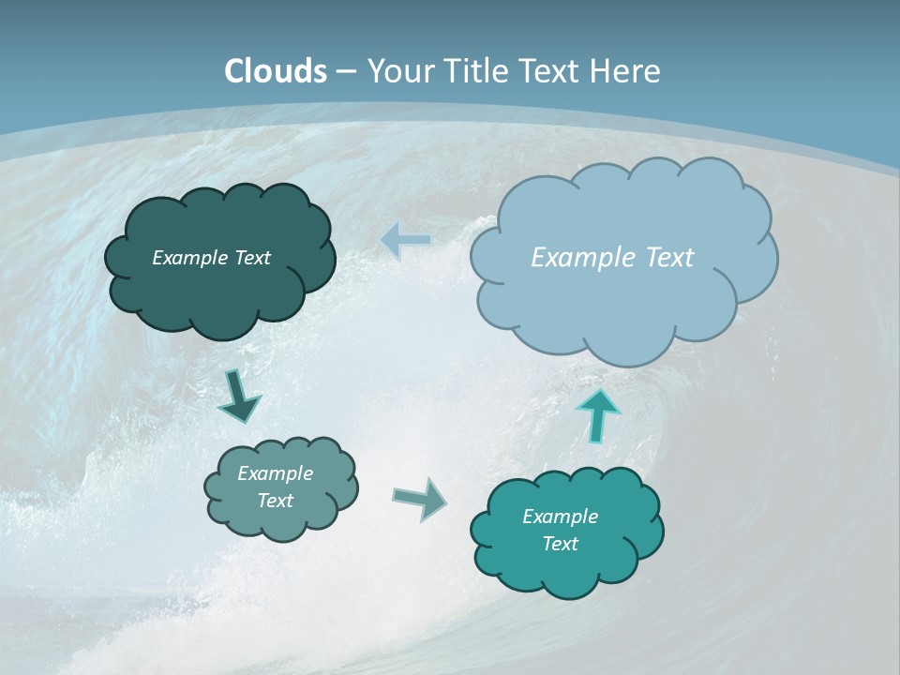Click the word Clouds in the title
[x=276, y=71]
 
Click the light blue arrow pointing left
[x=406, y=241]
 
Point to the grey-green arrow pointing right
[x=419, y=498]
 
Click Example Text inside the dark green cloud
[x=211, y=258]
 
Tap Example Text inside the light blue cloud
[x=612, y=258]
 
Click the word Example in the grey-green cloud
[x=275, y=473]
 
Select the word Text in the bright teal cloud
[x=560, y=544]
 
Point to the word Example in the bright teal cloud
[x=560, y=517]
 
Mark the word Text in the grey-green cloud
[x=275, y=501]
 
